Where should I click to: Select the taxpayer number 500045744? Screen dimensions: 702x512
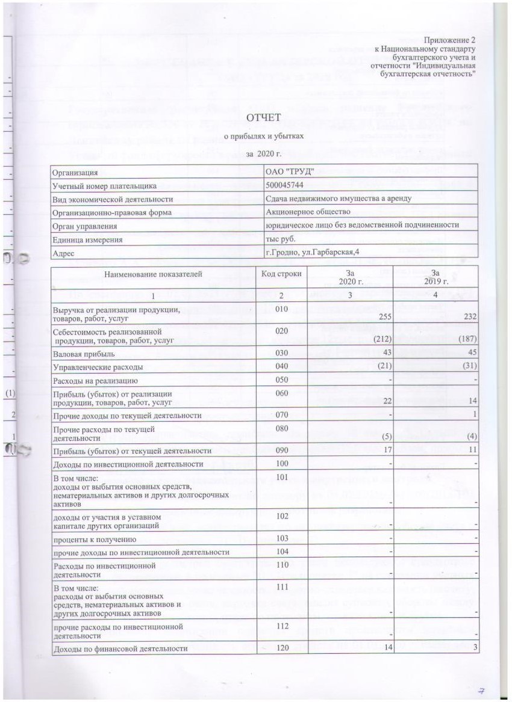click(286, 185)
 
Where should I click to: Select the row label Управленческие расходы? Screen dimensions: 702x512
click(90, 366)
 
